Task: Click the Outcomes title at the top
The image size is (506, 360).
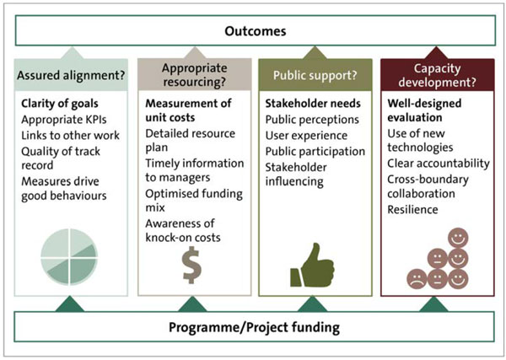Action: [x=256, y=31]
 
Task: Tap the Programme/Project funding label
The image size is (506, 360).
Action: [x=254, y=327]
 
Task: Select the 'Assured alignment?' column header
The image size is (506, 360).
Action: [x=71, y=75]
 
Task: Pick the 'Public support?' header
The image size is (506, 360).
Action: [x=315, y=75]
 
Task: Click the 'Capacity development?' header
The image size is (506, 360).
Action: [x=437, y=75]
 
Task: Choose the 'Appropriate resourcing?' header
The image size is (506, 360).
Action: [x=195, y=75]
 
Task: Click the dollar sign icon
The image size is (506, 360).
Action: [x=192, y=266]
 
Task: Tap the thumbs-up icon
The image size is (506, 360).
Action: [x=312, y=266]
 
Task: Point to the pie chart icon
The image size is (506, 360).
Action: [x=69, y=257]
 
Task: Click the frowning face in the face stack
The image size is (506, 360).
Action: [x=417, y=279]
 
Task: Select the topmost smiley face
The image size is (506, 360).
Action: [x=458, y=238]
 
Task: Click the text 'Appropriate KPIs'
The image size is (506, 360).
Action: [x=64, y=120]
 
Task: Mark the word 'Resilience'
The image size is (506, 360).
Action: [x=412, y=210]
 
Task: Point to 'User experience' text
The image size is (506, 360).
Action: [x=306, y=136]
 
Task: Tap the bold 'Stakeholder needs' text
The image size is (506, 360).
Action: [x=313, y=104]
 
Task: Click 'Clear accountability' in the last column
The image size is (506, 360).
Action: [x=439, y=164]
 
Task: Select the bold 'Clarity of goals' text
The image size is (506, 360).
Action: [x=60, y=104]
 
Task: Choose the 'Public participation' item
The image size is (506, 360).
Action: [x=315, y=151]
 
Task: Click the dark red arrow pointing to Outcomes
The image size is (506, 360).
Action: [x=436, y=53]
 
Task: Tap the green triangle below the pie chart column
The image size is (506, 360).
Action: [x=70, y=304]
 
